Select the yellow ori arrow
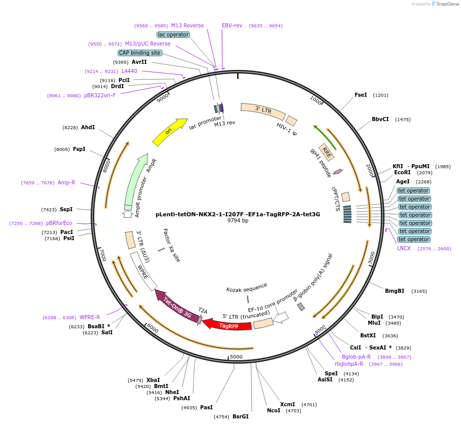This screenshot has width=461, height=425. tap(169, 132)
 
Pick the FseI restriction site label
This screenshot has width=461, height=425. tap(361, 95)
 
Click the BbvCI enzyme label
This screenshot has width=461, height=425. tap(380, 120)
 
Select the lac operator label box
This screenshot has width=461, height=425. tap(173, 34)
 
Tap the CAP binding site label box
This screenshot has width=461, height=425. tap(140, 53)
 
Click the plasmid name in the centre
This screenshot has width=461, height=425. tap(238, 214)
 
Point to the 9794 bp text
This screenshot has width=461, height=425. tap(238, 220)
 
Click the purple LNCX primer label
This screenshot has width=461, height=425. tap(404, 248)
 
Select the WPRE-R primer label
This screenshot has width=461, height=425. tap(90, 317)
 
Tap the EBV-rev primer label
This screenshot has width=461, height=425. tap(232, 25)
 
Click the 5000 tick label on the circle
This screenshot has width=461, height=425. tap(236, 357)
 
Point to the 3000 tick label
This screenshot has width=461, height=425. tap(371, 258)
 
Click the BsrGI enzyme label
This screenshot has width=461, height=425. tap(241, 416)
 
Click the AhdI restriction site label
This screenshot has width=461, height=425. tap(88, 127)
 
